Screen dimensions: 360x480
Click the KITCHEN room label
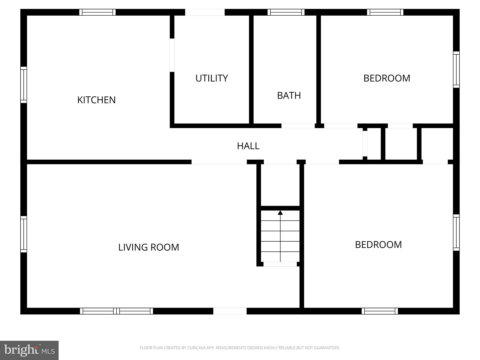pos(96,100)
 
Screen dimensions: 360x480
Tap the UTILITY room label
pos(212,78)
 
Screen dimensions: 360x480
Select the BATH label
pos(289,96)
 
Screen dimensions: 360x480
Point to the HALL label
pos(248,146)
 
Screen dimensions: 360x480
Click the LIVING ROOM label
pos(149,247)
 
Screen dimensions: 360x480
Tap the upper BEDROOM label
pos(387,78)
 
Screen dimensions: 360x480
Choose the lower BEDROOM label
pos(378,245)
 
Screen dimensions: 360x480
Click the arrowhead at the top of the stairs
pos(280,213)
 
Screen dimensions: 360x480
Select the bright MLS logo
pos(29,350)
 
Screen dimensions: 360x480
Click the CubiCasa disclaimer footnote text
pos(240,348)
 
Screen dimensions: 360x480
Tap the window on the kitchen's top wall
pos(97,12)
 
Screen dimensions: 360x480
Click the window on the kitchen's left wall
pos(24,85)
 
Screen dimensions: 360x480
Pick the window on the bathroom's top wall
pos(286,12)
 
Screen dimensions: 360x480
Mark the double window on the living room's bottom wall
pos(116,311)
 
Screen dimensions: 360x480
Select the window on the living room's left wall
pos(24,234)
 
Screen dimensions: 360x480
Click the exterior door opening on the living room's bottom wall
pos(230,311)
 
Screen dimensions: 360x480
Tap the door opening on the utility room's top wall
pos(205,12)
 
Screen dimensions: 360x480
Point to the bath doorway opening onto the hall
pos(298,126)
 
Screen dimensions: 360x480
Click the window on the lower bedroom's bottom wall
pos(380,311)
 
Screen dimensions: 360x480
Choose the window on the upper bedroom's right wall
pos(456,70)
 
